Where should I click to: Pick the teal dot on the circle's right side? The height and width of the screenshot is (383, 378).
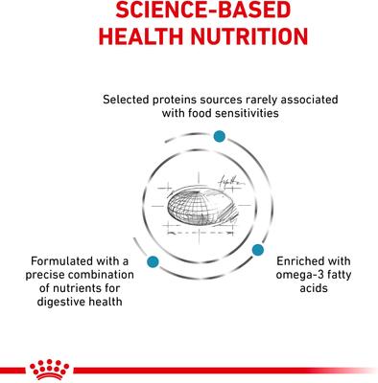(258, 249)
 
